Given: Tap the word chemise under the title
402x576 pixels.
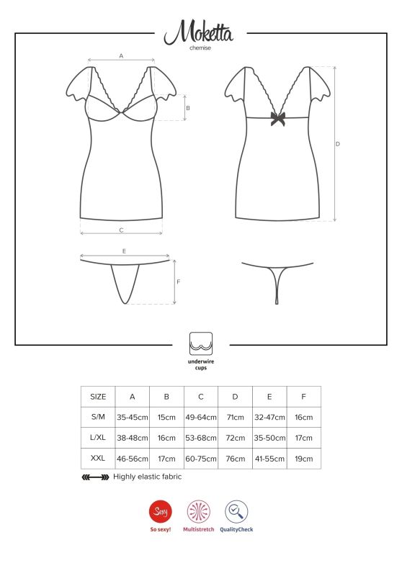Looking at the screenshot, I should (200, 48).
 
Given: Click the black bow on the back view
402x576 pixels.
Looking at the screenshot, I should (277, 119).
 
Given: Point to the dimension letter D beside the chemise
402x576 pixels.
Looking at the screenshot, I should (338, 144).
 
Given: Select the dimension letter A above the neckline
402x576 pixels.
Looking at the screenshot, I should (121, 55).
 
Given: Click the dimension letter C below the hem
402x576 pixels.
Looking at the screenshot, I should (121, 230).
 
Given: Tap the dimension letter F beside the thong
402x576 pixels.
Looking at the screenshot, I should (178, 282).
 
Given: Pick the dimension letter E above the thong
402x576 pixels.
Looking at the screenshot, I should (125, 251).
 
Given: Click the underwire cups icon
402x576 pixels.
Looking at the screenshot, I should (200, 341).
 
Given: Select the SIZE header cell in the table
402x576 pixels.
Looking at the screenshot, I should (98, 397).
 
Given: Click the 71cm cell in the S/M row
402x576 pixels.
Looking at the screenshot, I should (236, 418).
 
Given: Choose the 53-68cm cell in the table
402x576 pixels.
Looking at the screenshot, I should (201, 438).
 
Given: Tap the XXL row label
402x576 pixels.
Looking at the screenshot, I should (98, 458).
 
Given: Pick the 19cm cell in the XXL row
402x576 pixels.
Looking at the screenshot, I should (304, 458).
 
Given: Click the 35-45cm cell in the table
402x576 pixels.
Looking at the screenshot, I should (133, 418).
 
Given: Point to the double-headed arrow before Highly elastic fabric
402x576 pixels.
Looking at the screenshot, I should (95, 477).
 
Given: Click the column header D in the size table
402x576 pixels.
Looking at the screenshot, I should (236, 397).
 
